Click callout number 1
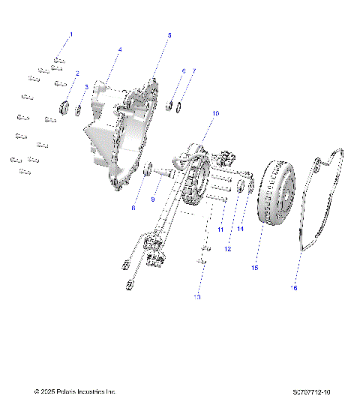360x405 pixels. coord(71,35)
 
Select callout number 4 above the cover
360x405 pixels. coord(120,49)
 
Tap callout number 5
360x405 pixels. coord(169,35)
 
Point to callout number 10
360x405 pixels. coord(215,113)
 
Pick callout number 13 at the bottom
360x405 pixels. coord(197,297)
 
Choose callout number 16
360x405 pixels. coord(294,286)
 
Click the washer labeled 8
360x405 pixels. coord(148,166)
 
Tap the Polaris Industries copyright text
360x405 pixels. coord(75,391)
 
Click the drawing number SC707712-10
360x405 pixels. coord(314,391)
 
